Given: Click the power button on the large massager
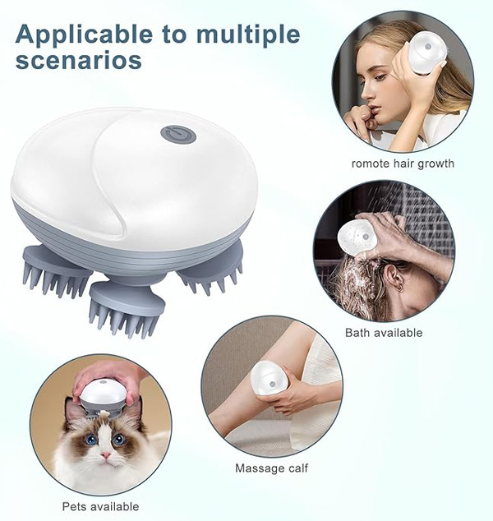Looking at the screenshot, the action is click(178, 134).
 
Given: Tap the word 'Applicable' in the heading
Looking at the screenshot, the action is click(84, 35).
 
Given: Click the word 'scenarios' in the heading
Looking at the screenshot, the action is click(78, 60).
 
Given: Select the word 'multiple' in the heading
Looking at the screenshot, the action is click(248, 35).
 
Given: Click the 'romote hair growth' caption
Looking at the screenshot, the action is click(403, 164).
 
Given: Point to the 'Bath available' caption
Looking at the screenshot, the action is click(384, 333).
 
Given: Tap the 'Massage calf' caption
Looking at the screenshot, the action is click(271, 468).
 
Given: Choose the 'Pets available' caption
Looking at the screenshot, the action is click(100, 507).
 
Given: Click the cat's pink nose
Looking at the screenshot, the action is click(106, 454).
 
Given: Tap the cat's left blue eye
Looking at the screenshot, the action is click(90, 440).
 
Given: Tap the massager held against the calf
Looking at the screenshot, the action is click(270, 378).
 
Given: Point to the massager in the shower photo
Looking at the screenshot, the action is click(357, 237).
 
